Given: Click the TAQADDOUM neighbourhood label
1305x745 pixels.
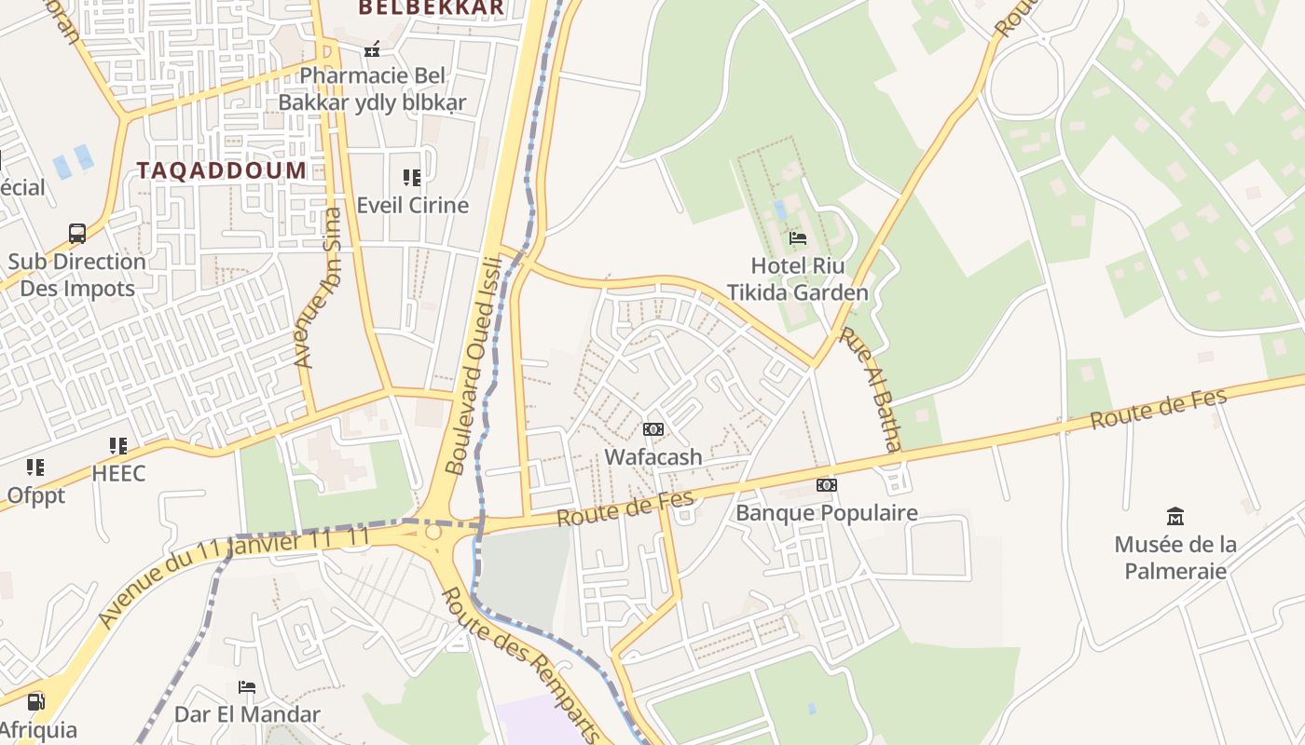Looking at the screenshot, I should pos(222,170).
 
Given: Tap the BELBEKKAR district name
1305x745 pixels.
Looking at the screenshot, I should pos(431,7).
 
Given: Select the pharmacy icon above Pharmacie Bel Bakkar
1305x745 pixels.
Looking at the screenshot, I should pos(372,48).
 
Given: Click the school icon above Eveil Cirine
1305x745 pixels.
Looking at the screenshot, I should pos(411,177).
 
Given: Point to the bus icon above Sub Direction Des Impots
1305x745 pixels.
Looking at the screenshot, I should pos(77,234).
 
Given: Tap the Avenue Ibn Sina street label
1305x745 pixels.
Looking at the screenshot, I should pos(319,288).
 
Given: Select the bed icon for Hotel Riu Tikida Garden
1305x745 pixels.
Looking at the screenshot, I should pos(797,238).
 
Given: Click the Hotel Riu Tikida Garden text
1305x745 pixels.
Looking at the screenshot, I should pos(797,278).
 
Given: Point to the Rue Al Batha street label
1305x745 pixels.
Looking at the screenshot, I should pos(870,389).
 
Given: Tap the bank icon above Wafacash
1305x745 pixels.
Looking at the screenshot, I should pos(653,429).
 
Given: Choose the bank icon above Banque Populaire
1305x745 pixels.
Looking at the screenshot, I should pos(826,485).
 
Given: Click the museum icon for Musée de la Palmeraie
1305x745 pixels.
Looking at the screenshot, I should pos(1175,516).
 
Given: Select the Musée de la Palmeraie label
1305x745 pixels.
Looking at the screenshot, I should pos(1175,557).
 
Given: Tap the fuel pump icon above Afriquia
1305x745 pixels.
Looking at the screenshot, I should pos(35,702).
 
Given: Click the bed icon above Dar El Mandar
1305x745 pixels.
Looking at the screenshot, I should pos(247,687).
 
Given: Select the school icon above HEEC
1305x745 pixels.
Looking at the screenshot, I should pos(117,446).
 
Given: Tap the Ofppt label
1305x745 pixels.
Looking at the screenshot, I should pos(36,495).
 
